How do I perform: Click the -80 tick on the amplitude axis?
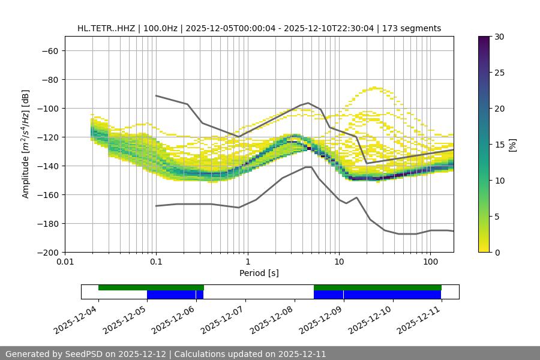[49, 80]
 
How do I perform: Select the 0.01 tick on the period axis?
[65, 262]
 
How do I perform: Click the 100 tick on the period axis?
[430, 262]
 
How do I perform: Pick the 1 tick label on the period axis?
[247, 262]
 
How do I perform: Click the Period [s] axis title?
[259, 273]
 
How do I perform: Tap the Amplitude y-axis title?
[25, 144]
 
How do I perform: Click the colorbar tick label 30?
[499, 37]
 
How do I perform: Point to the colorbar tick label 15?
[499, 145]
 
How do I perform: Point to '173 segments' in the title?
[414, 28]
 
